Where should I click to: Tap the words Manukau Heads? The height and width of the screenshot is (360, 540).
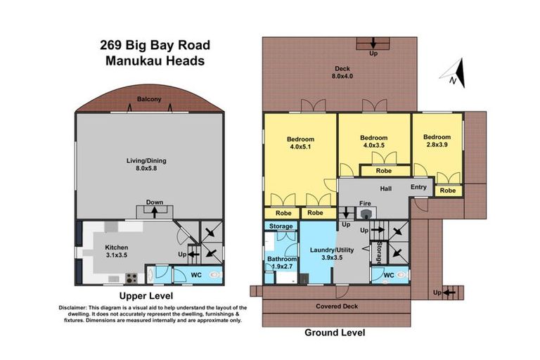(x=155, y=61)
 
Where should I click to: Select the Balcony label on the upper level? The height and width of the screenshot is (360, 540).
(x=149, y=100)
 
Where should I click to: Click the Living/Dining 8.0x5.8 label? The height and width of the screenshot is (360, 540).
(x=146, y=165)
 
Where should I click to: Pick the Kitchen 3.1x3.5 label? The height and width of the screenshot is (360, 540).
(x=116, y=252)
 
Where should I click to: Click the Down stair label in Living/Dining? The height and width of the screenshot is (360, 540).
(x=155, y=202)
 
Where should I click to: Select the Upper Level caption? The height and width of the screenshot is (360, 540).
(x=146, y=296)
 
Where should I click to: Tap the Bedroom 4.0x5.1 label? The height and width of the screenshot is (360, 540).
(x=300, y=143)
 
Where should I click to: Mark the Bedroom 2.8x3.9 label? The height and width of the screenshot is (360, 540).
(x=437, y=141)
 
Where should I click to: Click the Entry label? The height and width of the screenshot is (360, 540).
(x=418, y=187)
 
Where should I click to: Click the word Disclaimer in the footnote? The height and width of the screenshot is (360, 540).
(x=74, y=308)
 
